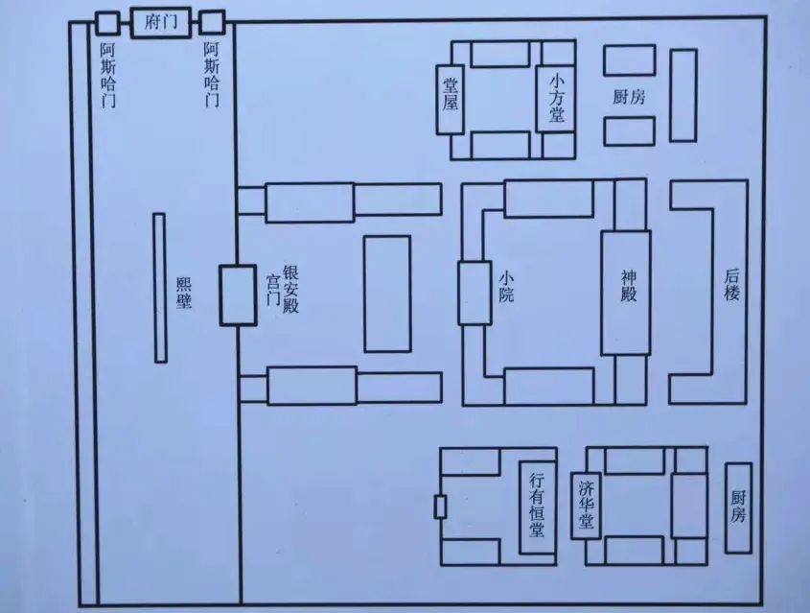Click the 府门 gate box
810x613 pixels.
159,21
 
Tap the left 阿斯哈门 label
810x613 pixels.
107,72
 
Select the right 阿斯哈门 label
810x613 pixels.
212,72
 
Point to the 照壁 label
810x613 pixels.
184,294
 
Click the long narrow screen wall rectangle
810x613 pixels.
159,288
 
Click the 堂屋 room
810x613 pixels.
451,97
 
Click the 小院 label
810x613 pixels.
506,286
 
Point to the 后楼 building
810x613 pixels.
731,288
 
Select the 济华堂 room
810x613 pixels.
587,506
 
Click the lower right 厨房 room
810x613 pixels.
737,507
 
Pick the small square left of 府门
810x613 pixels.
107,21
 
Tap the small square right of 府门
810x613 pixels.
212,21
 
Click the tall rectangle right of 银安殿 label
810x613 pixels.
386,293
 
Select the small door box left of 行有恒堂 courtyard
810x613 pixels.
440,507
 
